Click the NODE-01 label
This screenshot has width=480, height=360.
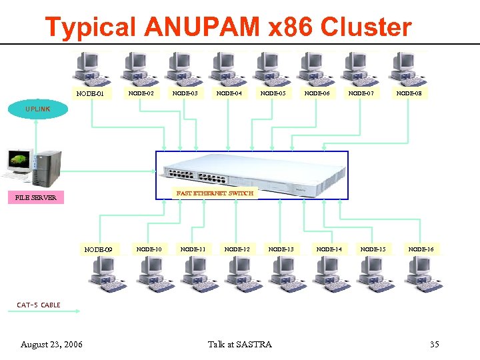[90, 94]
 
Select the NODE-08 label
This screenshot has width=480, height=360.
[409, 94]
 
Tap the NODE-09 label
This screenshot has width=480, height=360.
[98, 250]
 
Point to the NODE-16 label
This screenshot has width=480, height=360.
[421, 249]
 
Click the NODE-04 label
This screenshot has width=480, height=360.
[229, 94]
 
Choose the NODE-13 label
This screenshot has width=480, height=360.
[281, 249]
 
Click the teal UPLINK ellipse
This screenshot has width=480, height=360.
[38, 109]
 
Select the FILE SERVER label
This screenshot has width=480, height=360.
[36, 198]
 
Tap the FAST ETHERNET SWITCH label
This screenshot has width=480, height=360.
[215, 193]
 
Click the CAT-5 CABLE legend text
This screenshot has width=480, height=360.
[39, 305]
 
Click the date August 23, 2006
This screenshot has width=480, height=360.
[52, 345]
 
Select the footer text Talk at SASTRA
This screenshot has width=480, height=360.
[240, 345]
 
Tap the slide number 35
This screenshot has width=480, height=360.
[434, 345]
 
